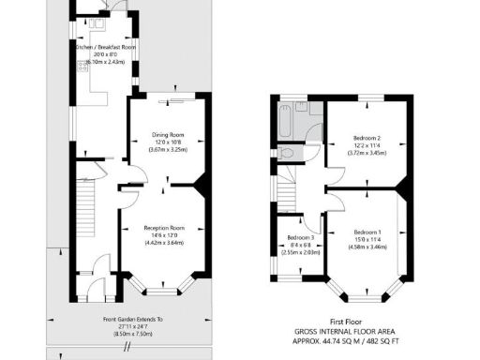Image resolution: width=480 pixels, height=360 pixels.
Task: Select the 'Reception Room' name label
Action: pos(164,228)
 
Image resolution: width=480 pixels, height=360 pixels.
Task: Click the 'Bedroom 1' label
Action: pos(367,232)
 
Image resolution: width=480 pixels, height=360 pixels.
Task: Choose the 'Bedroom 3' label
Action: pos(300,237)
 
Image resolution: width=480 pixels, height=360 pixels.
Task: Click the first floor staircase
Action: pos(287,192)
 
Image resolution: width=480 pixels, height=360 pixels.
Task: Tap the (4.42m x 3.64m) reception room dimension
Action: pos(164,243)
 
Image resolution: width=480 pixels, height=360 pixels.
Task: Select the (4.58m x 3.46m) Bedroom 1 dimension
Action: pos(367,247)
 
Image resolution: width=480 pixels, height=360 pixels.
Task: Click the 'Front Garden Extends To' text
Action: pos(132,319)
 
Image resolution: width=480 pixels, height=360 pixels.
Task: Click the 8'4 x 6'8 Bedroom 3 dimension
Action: pos(300,245)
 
